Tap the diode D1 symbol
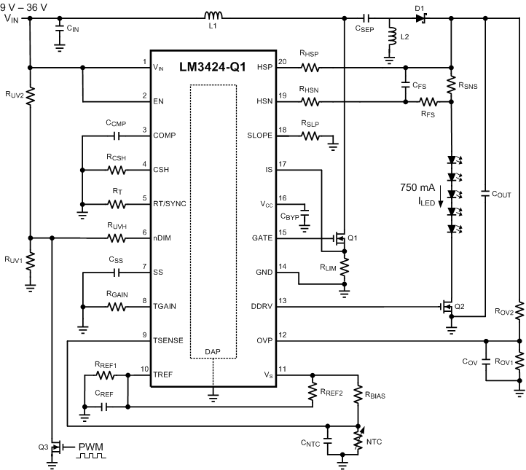pyautogui.click(x=420, y=17)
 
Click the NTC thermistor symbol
pyautogui.click(x=358, y=438)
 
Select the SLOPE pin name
pyautogui.click(x=260, y=136)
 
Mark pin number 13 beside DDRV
pyautogui.click(x=283, y=300)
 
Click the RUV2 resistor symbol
pyautogui.click(x=31, y=95)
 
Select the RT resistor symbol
pyautogui.click(x=117, y=204)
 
